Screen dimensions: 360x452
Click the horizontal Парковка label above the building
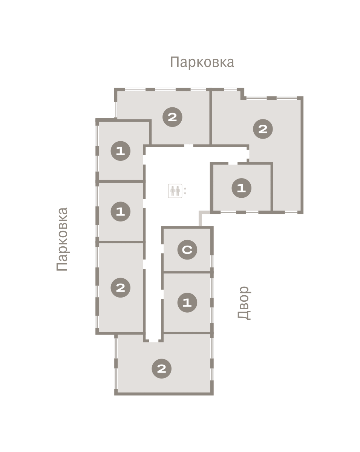click(x=202, y=62)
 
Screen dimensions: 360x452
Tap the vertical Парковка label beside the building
click(x=62, y=239)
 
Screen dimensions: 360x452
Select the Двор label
click(x=244, y=303)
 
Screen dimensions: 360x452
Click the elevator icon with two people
click(x=175, y=191)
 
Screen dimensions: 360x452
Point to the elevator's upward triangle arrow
click(x=185, y=188)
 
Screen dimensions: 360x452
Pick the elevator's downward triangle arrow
click(x=185, y=193)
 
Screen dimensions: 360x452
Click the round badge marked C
click(x=187, y=250)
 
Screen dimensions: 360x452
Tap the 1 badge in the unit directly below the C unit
click(x=187, y=303)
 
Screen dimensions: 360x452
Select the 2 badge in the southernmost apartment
click(x=161, y=369)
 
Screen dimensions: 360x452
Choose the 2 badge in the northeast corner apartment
click(x=263, y=129)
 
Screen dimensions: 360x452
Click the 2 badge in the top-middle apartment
click(x=172, y=117)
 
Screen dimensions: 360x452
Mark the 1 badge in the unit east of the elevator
click(x=241, y=188)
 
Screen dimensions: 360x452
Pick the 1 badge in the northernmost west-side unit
click(x=121, y=151)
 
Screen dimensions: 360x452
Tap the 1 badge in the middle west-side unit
click(x=121, y=212)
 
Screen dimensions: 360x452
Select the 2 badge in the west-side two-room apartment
click(x=121, y=287)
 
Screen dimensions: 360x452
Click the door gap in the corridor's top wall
click(x=188, y=145)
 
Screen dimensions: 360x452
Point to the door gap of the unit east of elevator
click(x=233, y=163)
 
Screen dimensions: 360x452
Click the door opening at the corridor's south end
click(x=154, y=341)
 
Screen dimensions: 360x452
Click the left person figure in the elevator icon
click(x=173, y=191)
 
